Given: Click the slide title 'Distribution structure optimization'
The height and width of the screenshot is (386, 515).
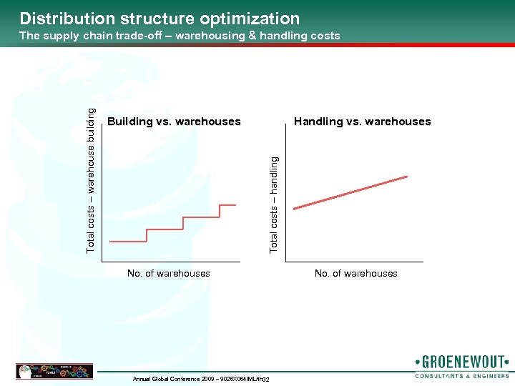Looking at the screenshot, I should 160,19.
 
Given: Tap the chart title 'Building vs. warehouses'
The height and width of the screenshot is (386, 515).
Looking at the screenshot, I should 174,122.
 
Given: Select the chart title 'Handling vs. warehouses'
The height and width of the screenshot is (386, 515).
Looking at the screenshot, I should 362,122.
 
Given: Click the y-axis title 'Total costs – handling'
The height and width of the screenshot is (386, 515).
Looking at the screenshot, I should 274,204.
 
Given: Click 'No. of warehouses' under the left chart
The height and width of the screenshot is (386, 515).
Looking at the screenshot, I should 168,273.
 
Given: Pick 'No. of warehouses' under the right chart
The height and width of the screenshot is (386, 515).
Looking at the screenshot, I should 355,273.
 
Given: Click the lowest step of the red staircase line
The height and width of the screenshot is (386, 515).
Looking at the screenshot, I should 128,242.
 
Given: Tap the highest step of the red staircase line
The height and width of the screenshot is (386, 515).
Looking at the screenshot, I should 227,205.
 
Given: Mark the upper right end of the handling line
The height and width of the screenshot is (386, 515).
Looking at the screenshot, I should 406,176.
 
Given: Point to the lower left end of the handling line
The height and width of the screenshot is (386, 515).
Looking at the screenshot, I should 295,208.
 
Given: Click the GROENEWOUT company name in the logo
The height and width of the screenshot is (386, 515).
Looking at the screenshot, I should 461,362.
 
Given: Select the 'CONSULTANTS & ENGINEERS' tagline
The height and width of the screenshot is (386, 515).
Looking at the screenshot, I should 462,375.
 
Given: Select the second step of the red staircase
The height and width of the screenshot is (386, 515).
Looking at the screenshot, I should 165,229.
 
